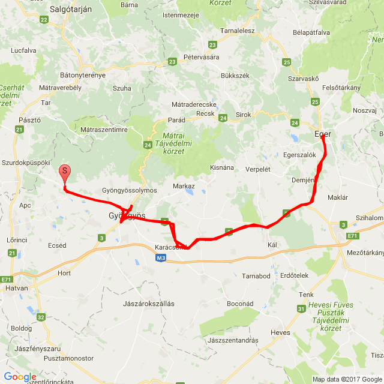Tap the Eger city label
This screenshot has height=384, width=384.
tap(323, 134)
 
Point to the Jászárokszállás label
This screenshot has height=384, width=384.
tap(148, 304)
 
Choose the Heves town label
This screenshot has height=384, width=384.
tap(280, 332)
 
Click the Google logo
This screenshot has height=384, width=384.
tap(20, 377)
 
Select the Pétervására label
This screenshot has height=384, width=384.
tap(202, 57)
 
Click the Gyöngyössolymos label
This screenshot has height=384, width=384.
tap(130, 190)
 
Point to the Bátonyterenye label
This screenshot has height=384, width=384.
tap(83, 75)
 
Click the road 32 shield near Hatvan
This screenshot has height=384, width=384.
tap(41, 317)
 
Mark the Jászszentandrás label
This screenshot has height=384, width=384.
tap(232, 340)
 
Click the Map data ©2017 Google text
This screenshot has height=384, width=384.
tap(347, 379)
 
